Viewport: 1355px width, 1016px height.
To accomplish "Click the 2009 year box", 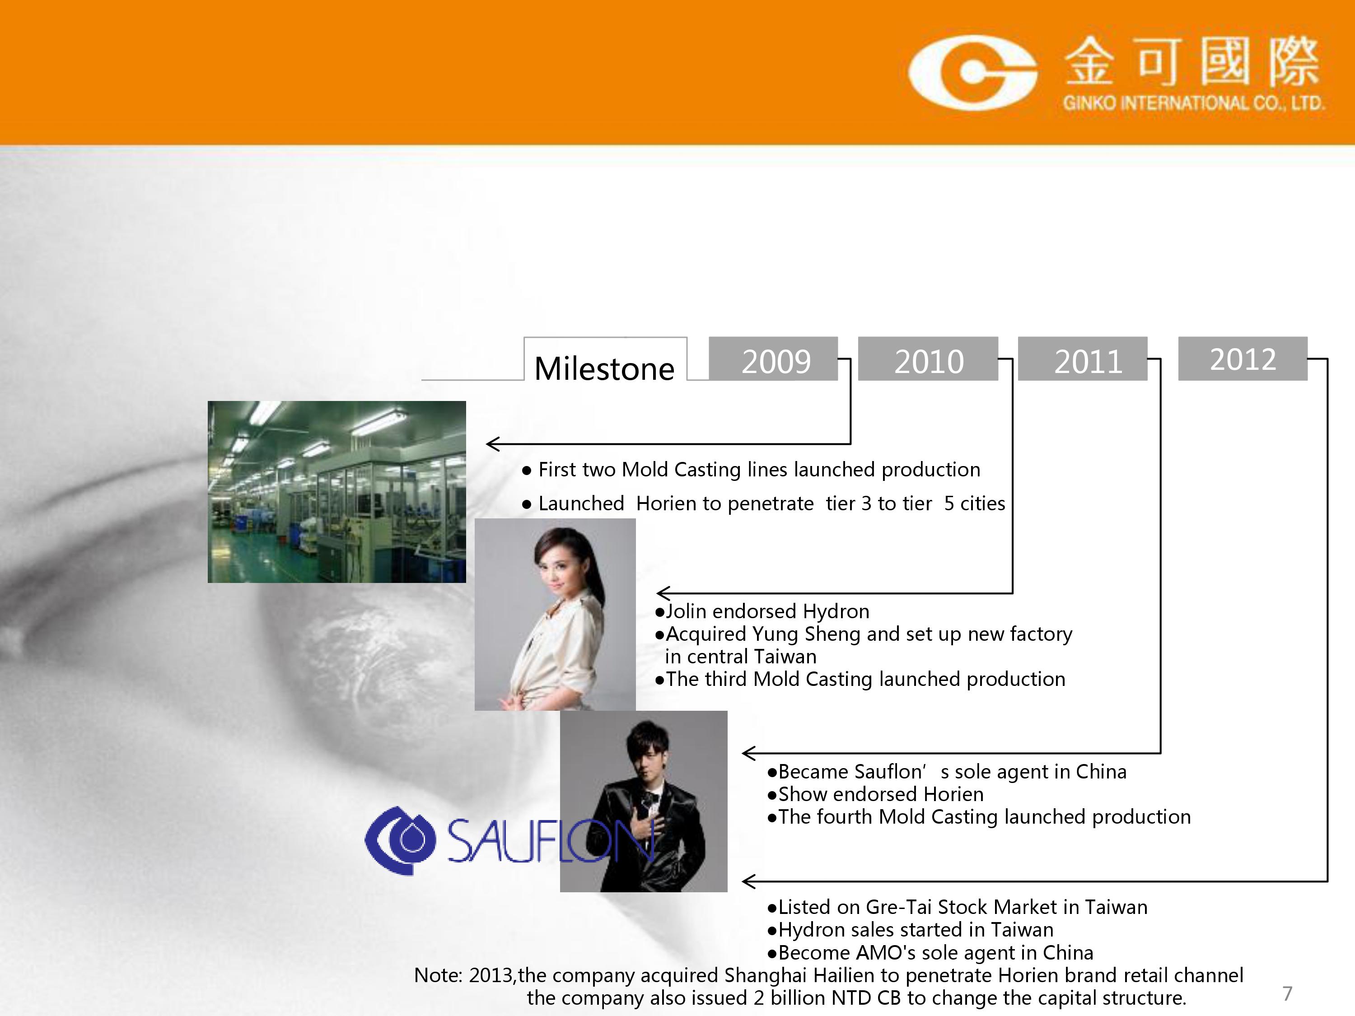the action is (x=773, y=359).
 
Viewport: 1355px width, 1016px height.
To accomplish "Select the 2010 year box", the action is (x=928, y=359).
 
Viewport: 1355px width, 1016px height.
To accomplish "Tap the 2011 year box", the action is (x=1082, y=359).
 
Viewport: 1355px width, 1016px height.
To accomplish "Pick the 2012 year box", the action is (x=1243, y=359).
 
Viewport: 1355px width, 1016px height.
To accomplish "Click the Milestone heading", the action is (x=604, y=368).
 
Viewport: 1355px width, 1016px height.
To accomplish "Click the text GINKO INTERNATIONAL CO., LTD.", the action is (x=1193, y=103).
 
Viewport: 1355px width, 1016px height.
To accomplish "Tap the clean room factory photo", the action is (x=337, y=492).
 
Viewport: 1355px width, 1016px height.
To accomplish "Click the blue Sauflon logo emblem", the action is (x=401, y=839).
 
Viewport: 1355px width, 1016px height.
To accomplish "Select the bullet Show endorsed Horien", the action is (x=875, y=794).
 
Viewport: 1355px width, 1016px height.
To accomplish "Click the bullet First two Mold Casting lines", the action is (x=751, y=470).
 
